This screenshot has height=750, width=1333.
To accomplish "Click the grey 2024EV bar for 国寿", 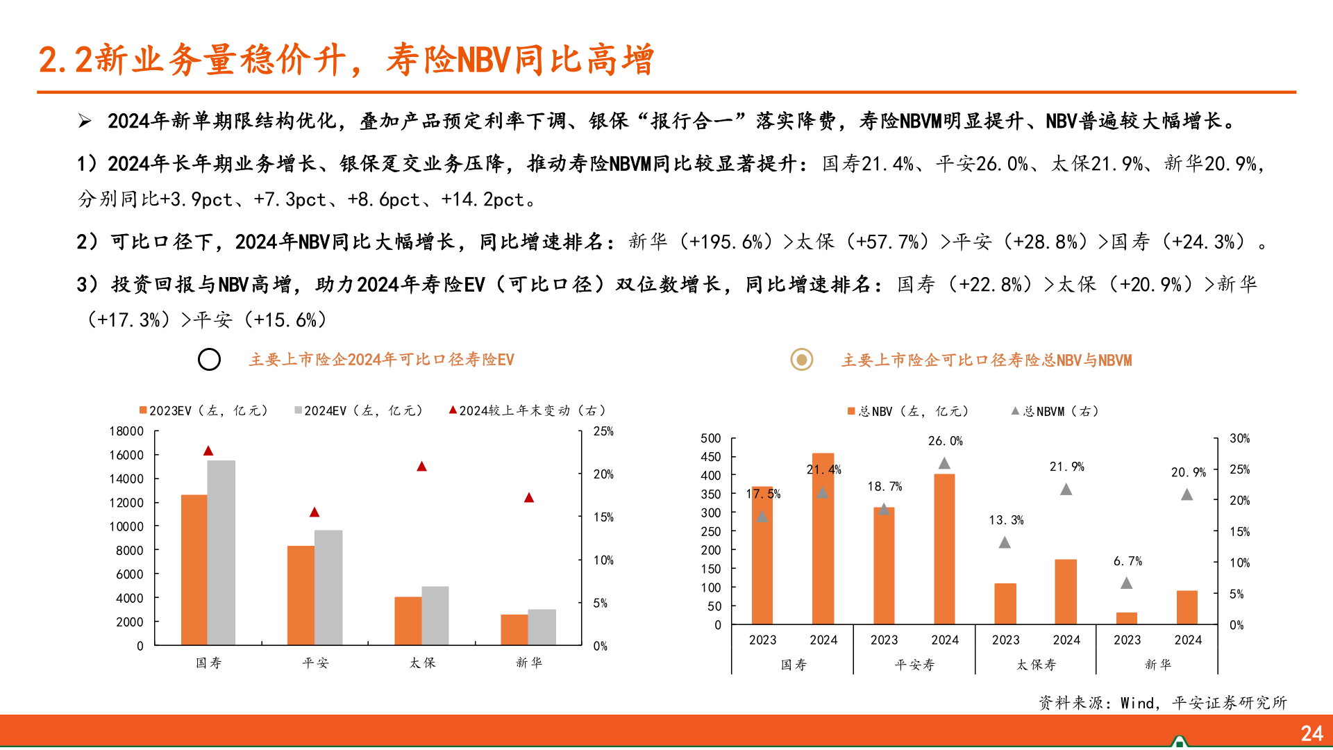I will pyautogui.click(x=221, y=552).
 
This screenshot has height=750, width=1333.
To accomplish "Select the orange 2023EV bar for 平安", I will pyautogui.click(x=301, y=595).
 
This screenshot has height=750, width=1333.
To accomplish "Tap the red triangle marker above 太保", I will pyautogui.click(x=421, y=467).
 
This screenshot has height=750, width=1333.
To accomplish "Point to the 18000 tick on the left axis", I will pyautogui.click(x=126, y=431).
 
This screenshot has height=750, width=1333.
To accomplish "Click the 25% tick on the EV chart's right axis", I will pyautogui.click(x=603, y=431).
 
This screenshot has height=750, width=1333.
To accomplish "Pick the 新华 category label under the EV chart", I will pyautogui.click(x=529, y=662).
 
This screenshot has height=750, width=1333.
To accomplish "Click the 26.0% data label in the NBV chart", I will pyautogui.click(x=945, y=441).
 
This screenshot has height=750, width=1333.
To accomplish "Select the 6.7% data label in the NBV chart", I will pyautogui.click(x=1127, y=561).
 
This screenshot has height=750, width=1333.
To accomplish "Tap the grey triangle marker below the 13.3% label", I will pyautogui.click(x=1005, y=542).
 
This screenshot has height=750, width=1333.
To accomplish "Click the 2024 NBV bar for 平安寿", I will pyautogui.click(x=944, y=549).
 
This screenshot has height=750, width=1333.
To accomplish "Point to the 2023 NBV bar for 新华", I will pyautogui.click(x=1127, y=618).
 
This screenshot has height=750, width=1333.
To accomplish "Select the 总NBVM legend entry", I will pyautogui.click(x=1055, y=411).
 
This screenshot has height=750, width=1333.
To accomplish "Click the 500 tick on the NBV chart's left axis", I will pyautogui.click(x=710, y=438).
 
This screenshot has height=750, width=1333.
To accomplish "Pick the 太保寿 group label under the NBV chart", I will pyautogui.click(x=1036, y=665).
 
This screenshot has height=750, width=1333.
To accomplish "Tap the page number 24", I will pyautogui.click(x=1311, y=733).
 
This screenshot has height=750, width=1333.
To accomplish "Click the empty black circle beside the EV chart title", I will pyautogui.click(x=209, y=360).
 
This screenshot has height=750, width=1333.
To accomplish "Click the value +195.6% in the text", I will pyautogui.click(x=725, y=242).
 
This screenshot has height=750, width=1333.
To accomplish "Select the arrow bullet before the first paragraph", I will pyautogui.click(x=85, y=122).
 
